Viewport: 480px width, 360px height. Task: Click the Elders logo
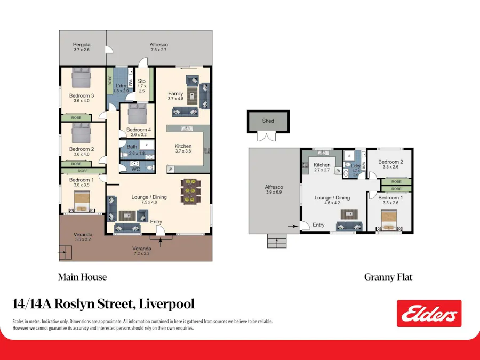coord(429,314)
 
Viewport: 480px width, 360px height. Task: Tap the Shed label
coord(268,121)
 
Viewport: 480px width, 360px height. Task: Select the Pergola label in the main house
coord(82,45)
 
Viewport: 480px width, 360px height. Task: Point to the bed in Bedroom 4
coord(137,113)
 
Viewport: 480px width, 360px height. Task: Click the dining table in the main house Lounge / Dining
coord(191,191)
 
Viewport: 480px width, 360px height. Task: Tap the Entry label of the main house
coord(156,222)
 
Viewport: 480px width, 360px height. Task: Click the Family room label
coord(175,94)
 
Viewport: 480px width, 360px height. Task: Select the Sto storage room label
coord(141,81)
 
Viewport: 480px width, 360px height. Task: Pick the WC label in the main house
coord(135,170)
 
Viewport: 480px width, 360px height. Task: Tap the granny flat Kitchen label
coord(322,165)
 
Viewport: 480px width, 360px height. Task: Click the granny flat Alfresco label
coord(274,187)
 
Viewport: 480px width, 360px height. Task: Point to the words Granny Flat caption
coord(388,277)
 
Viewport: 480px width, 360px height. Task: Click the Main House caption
coord(82,277)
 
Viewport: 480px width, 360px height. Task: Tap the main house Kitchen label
coord(183,146)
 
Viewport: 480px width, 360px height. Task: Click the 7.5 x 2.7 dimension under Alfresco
coord(158,50)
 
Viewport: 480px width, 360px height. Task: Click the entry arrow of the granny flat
coord(292,226)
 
